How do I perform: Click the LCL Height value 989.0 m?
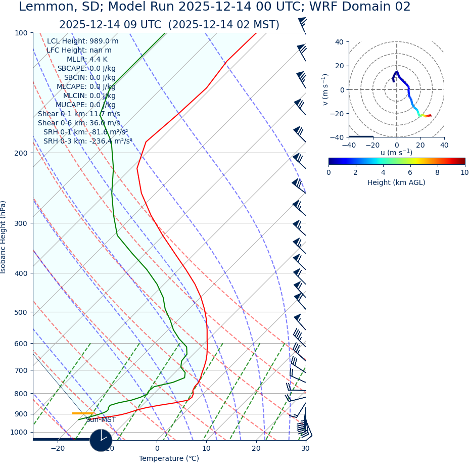coord(104,41)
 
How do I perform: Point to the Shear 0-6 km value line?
coord(79,123)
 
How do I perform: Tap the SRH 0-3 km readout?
coord(87,141)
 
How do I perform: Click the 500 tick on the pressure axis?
coord(21,312)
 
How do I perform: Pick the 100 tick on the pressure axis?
coord(21,33)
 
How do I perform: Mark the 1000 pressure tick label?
coord(19,432)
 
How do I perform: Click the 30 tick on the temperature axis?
coord(305,449)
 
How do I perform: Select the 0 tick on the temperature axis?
coord(157,449)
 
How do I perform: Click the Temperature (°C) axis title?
coord(169,459)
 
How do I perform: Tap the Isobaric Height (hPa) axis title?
coord(4,237)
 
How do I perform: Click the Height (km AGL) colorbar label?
coord(396,182)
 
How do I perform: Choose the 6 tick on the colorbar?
coord(410,172)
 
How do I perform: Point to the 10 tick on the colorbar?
coord(464,172)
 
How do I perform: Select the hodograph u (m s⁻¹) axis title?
coord(396,153)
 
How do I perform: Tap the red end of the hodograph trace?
coord(430,115)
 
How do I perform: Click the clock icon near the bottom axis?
coord(101,440)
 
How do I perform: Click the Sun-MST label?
coord(101,420)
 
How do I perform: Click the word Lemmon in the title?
coord(41,7)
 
